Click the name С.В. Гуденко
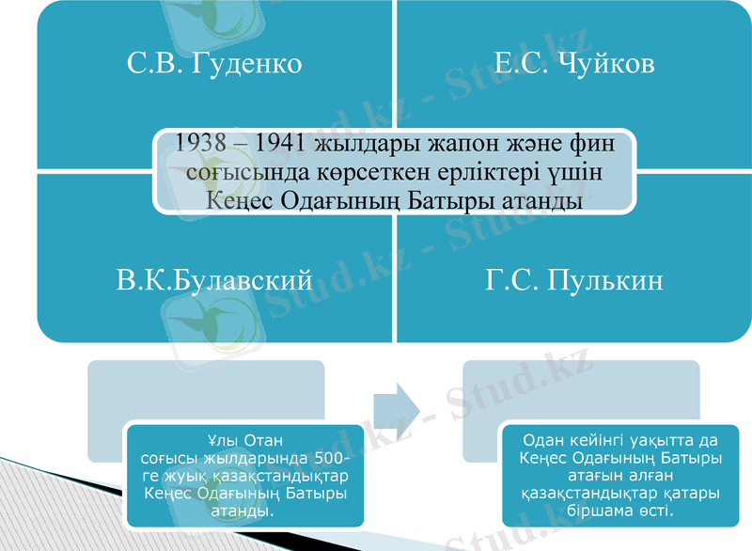214,64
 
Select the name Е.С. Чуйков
574,64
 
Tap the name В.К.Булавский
214,279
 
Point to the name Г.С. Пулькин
574,279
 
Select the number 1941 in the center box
282,145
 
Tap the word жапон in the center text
457,145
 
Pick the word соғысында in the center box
239,174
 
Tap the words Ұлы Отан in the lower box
244,439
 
